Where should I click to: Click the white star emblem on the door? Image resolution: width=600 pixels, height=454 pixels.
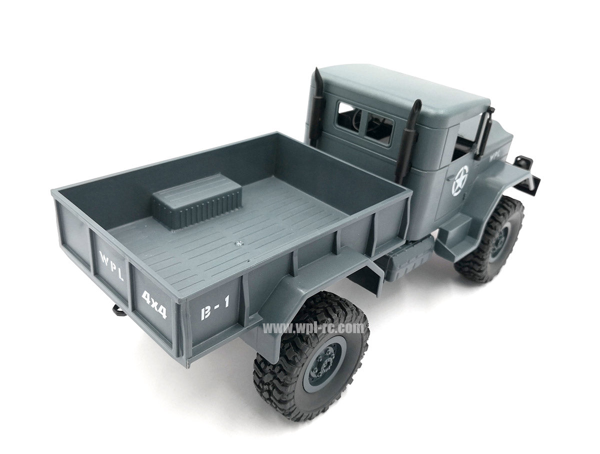coord(460,180)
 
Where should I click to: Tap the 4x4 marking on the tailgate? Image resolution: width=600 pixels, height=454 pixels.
coord(154,304)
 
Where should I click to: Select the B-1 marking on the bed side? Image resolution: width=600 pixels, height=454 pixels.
coord(214,307)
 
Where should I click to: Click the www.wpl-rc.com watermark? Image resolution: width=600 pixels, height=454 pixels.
coord(313,328)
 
